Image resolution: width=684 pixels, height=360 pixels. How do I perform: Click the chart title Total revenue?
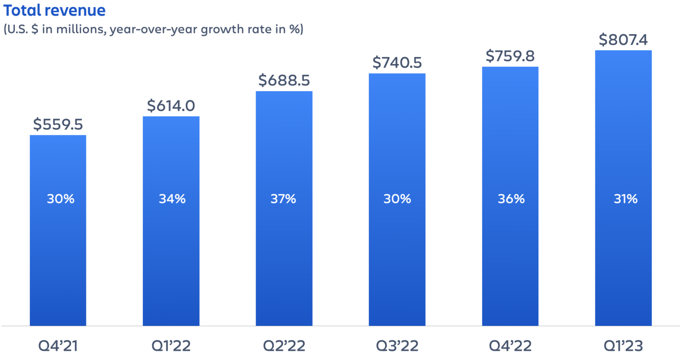point(54,10)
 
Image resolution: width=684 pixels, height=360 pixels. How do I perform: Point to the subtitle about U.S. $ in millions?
point(153,29)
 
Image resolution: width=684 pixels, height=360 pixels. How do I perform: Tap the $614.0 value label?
point(171,106)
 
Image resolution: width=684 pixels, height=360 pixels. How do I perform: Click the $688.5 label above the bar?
point(284,81)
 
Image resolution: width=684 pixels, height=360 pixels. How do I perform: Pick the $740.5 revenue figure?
point(397,63)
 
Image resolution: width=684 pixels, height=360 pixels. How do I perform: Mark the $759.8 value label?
point(510,56)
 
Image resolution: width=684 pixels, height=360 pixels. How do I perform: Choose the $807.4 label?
point(623,40)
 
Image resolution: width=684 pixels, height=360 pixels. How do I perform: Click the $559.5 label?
point(58,125)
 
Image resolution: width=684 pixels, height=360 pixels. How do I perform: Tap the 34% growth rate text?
point(172,198)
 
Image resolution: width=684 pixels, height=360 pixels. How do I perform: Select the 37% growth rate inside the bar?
point(283,198)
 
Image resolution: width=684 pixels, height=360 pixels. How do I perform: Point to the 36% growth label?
point(511,198)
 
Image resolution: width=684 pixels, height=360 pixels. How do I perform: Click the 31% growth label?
point(625,198)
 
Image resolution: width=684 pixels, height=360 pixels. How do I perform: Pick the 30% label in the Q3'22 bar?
point(397,198)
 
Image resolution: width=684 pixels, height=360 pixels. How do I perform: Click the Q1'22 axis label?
point(171,346)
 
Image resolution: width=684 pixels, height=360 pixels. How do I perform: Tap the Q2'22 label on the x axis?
point(284,346)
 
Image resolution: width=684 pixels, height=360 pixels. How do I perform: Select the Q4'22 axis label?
point(510,346)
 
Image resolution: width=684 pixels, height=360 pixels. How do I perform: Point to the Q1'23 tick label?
point(623,346)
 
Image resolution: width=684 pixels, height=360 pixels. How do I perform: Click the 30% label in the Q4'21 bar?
point(61,198)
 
